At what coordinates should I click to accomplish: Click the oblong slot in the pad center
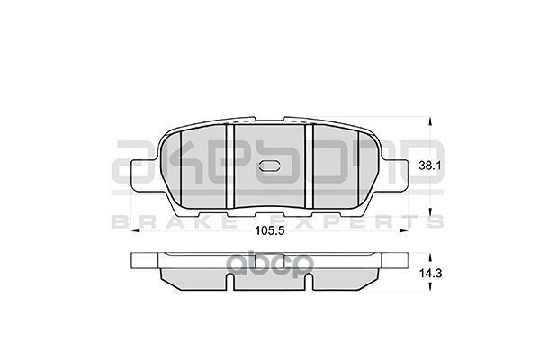271,166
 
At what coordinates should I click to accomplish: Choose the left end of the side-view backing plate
133,262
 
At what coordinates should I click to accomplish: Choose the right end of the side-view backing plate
407,262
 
